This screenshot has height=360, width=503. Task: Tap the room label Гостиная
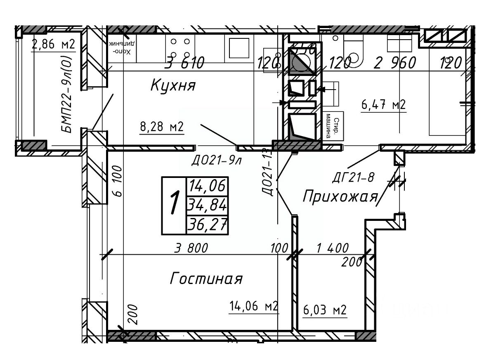pyautogui.click(x=206, y=279)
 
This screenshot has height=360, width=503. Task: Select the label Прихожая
pyautogui.click(x=340, y=197)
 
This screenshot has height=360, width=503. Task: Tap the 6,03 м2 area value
pyautogui.click(x=324, y=310)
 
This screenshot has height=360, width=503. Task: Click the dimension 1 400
pyautogui.click(x=332, y=248)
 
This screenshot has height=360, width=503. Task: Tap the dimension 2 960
pyautogui.click(x=394, y=63)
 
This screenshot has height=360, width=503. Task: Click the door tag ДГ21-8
pyautogui.click(x=353, y=178)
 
